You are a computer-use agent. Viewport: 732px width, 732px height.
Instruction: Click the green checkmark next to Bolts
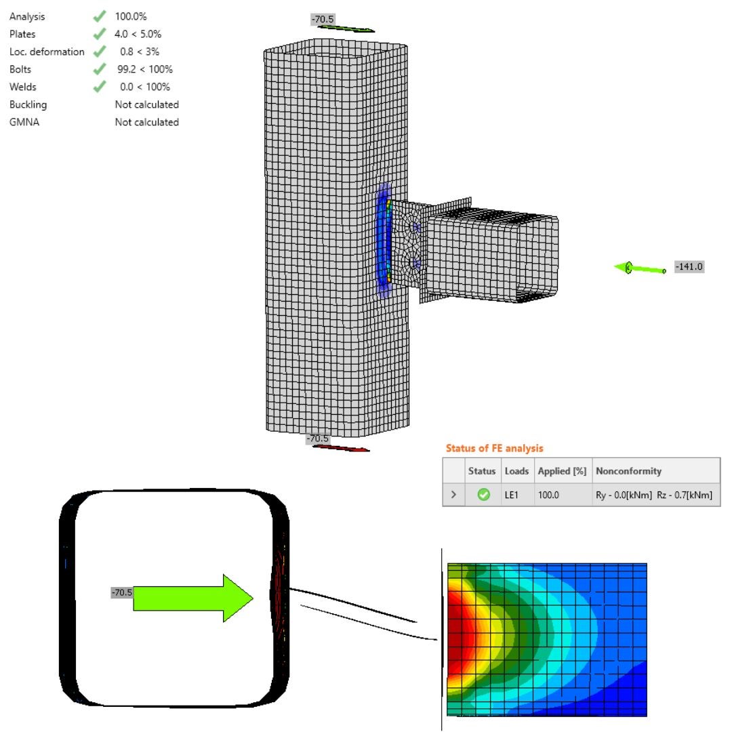100,69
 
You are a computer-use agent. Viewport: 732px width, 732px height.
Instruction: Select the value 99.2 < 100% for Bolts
145,69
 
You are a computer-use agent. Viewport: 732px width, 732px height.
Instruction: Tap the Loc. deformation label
47,52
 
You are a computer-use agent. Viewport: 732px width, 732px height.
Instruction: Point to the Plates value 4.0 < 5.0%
138,34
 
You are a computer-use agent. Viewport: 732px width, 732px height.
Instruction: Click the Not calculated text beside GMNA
146,122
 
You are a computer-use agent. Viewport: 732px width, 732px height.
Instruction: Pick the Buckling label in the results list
28,104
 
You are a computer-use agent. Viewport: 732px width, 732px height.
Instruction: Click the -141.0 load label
689,266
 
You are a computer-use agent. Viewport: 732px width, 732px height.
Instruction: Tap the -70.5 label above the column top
323,19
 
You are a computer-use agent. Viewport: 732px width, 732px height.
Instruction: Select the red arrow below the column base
341,449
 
